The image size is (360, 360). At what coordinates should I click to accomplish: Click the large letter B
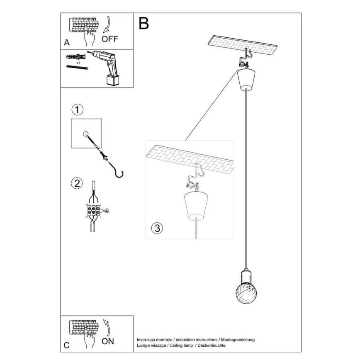pos(144,24)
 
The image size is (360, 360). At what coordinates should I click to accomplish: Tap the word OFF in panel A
pos(110,39)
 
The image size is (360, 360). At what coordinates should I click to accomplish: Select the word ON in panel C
pos(107,342)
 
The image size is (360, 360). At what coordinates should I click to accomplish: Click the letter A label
pos(67,43)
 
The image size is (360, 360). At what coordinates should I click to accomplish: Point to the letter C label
pos(67,345)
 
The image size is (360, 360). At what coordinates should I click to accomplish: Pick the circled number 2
pos(77,183)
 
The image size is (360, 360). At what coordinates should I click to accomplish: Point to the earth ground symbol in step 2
pos(107,211)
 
